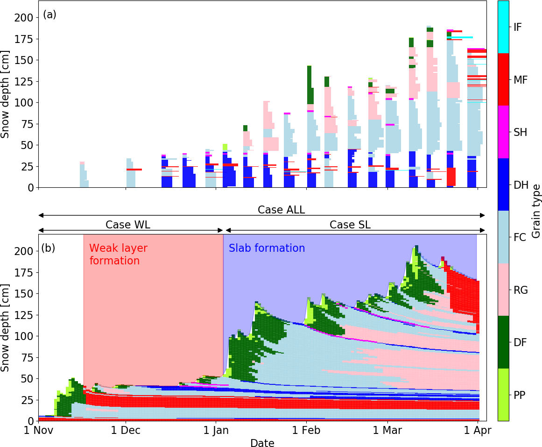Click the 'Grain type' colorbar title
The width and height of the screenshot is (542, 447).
536,211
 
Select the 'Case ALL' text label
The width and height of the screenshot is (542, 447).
281,210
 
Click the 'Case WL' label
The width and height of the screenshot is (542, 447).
128,225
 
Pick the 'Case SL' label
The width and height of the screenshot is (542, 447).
350,225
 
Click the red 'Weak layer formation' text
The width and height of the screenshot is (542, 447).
114,255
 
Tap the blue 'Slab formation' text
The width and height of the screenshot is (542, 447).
267,248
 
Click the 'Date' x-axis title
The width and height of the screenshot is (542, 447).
262,442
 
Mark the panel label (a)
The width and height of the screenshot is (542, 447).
49,14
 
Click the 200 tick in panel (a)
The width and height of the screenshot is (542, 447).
24,18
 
